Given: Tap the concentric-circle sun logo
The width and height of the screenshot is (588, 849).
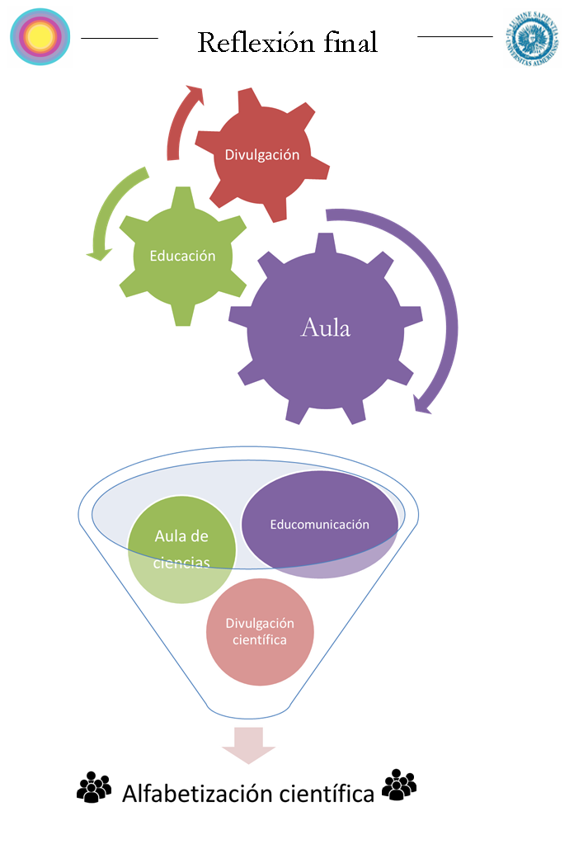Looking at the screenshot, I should [40, 36].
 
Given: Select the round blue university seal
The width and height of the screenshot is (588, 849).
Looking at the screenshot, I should [534, 39].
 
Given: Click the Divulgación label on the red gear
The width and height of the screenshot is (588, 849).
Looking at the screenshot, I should [262, 154].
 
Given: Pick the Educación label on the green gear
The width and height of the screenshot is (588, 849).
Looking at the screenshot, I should [182, 256].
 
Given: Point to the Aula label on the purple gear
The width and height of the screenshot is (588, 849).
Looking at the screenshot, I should [326, 328].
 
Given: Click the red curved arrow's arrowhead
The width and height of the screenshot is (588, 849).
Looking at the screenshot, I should [195, 93].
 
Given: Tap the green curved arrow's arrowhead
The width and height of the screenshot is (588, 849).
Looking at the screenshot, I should [98, 252].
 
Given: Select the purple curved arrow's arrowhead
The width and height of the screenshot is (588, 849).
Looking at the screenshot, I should [423, 403].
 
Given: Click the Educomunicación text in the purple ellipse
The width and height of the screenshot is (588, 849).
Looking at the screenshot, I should [320, 524].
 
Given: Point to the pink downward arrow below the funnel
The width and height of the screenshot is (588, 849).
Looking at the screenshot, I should [248, 744].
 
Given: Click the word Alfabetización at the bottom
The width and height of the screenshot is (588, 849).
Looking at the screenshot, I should [197, 794].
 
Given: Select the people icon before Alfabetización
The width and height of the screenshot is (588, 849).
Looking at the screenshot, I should [93, 788].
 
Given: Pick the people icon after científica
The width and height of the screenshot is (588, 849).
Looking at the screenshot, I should [399, 785].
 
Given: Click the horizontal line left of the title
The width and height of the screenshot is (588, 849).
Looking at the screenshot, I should [120, 38].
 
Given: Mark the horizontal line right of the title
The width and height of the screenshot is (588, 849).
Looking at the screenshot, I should [455, 36].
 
